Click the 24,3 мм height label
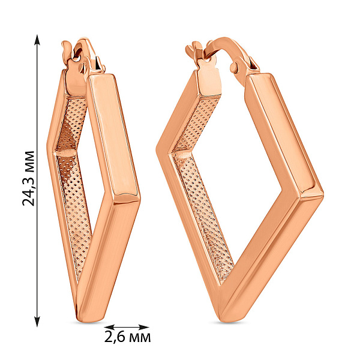tap(28, 178)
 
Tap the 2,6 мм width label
tap(128, 337)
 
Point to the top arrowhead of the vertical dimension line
tap(37, 40)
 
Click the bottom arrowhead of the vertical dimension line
tap(37, 321)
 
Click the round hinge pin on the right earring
tap(234, 67)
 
